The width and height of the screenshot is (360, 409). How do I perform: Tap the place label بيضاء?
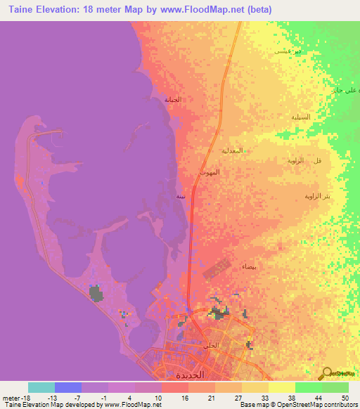click(x=250, y=267)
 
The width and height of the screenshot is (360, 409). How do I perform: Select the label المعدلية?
click(x=233, y=150)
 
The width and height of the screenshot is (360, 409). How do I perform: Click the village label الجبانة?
click(x=173, y=100)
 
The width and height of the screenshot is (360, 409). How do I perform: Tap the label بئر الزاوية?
click(x=316, y=196)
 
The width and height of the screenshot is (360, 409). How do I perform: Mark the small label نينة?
click(x=181, y=197)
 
